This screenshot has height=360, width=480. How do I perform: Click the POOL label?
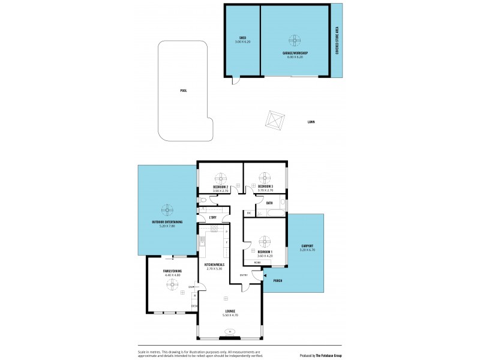184,91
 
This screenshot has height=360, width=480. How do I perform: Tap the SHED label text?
243,38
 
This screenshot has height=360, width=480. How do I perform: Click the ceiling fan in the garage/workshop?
295,41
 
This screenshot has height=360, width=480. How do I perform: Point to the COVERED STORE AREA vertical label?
337,41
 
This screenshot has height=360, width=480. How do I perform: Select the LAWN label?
311,122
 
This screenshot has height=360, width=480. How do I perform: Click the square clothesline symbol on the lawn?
275,120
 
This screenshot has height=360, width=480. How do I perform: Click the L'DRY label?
212,217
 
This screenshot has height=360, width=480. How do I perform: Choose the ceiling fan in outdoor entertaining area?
167,210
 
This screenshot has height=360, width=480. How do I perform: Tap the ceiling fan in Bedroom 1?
265,241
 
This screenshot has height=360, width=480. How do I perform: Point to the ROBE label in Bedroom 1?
257,263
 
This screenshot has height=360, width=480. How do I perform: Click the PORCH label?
277,280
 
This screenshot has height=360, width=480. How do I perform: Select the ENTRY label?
244,275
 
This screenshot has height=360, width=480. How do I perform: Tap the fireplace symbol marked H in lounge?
229,332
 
